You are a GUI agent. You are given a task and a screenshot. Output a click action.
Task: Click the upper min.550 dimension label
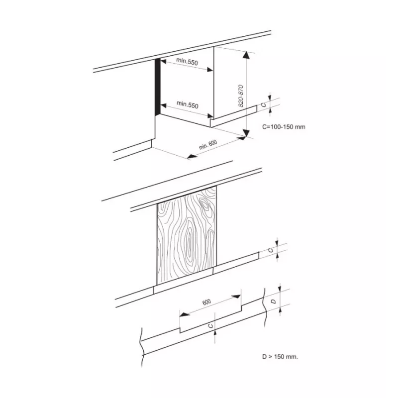[187, 61]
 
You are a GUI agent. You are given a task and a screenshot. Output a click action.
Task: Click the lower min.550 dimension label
[188, 104]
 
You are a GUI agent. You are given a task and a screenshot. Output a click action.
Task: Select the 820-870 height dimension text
[241, 96]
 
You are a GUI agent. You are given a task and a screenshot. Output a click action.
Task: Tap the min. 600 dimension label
[208, 145]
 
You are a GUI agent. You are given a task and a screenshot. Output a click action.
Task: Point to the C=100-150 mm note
[284, 127]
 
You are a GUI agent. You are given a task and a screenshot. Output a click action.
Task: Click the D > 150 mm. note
[280, 357]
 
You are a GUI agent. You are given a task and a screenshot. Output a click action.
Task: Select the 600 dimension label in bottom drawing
[206, 302]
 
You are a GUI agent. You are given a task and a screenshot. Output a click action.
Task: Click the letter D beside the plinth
[273, 301]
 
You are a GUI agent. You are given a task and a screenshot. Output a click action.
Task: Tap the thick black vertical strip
[158, 87]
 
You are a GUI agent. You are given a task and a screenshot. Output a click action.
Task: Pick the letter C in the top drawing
[264, 105]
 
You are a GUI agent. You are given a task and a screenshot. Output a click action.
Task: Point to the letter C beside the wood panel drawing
[271, 250]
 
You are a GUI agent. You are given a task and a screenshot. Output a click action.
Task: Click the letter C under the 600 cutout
[210, 326]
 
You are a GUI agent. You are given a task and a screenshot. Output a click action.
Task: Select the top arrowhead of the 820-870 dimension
[245, 55]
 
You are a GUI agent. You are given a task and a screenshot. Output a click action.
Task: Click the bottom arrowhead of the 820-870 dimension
[245, 133]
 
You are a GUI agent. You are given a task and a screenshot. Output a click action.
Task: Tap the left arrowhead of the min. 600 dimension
[193, 156]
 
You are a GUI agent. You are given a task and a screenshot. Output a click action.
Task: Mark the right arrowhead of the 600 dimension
[236, 297]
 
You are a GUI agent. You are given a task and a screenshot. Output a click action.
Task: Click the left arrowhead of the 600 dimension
[185, 315]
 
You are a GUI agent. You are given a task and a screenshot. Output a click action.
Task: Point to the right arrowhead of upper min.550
[209, 70]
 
